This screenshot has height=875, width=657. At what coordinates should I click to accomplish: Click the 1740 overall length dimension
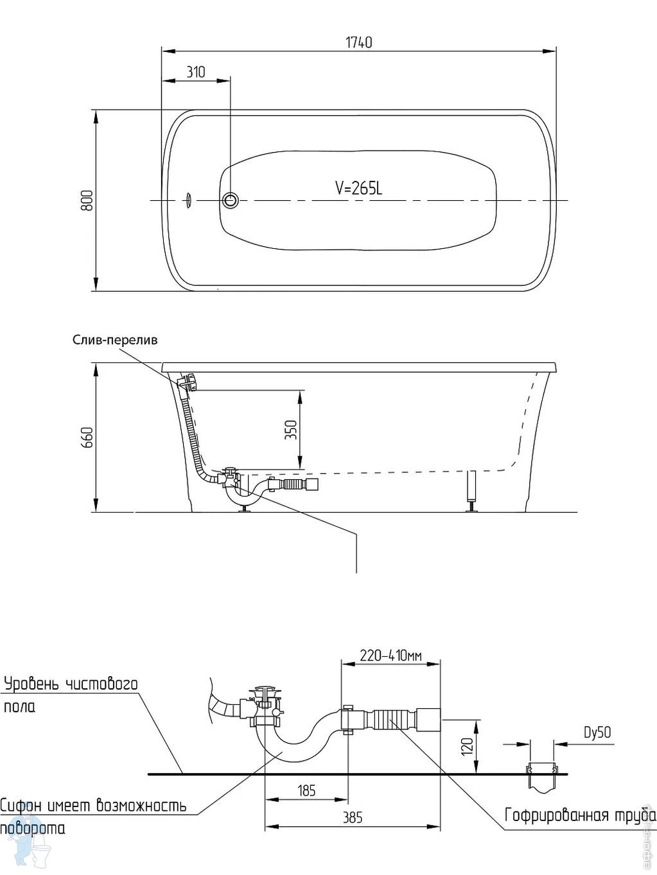tap(358, 43)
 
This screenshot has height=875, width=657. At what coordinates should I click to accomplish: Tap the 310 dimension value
tap(196, 72)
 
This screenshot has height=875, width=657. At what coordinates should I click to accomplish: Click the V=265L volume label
tap(358, 188)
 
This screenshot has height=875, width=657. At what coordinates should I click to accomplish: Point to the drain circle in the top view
tap(231, 201)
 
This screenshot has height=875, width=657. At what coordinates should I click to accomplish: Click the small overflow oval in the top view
tap(189, 200)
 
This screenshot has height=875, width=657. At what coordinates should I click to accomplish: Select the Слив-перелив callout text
tap(114, 340)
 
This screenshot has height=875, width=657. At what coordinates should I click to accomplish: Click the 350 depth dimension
tap(291, 429)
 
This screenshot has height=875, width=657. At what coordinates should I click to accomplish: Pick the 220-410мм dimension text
tap(390, 656)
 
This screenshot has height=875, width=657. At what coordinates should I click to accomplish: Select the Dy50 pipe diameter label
tap(597, 732)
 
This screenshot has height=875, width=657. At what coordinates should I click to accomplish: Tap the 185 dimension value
tap(307, 790)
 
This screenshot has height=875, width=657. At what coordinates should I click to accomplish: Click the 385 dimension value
tap(353, 817)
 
